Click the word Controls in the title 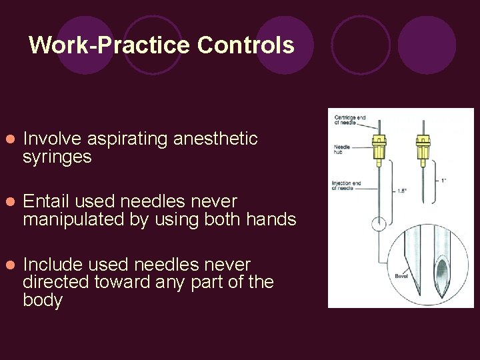pos(246,45)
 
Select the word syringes pos(57,158)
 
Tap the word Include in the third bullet pos(50,263)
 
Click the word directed pos(57,282)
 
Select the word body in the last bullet pos(42,301)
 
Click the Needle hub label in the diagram pos(342,149)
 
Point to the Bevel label pos(401,275)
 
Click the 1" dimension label pos(443,181)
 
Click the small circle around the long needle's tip pos(379,224)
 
